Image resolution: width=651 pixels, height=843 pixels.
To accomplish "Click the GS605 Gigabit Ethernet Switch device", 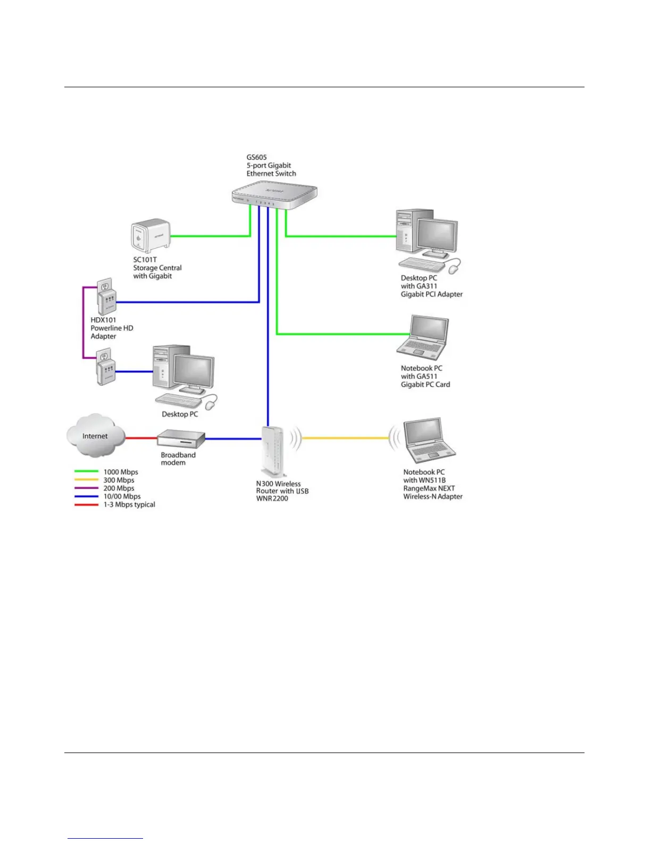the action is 274,196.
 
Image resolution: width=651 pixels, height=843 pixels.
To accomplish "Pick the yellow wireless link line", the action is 346,438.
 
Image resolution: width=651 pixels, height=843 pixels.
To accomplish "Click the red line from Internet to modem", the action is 141,439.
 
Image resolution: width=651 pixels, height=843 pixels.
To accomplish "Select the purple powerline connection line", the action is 83,323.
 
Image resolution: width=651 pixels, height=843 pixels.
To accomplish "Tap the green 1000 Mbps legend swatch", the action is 86,472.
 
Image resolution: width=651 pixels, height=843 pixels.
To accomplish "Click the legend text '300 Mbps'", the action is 119,480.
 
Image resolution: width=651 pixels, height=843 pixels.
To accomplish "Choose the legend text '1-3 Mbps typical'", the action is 129,505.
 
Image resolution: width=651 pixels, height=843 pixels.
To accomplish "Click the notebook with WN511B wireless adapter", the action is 428,441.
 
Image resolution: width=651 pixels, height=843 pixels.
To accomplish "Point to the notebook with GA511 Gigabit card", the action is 423,338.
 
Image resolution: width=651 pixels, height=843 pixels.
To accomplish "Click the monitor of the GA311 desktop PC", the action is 437,236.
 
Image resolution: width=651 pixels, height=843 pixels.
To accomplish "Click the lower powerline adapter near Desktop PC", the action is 105,367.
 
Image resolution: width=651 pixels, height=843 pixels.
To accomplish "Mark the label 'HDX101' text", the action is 103,320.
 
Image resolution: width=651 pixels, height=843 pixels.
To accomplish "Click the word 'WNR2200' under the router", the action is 272,499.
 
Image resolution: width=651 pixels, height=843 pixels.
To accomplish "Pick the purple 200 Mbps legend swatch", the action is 86,488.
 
